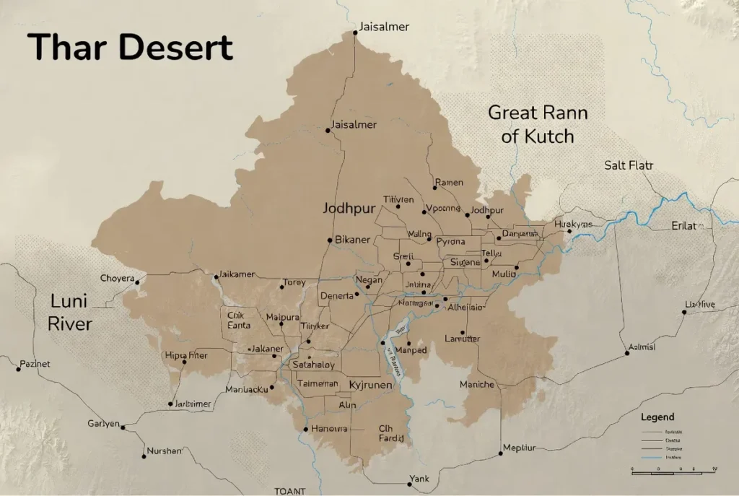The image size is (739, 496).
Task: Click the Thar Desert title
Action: [131, 48]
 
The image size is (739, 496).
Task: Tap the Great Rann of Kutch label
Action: [538, 124]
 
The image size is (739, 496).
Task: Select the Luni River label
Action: [70, 312]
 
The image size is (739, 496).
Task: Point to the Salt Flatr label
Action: [628, 165]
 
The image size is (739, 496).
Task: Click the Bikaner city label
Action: [353, 240]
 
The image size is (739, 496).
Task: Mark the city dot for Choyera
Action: [137, 282]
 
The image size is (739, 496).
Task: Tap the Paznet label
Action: [36, 364]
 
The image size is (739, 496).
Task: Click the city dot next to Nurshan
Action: [144, 456]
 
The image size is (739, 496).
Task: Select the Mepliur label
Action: [519, 447]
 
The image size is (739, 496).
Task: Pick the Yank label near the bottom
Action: [419, 478]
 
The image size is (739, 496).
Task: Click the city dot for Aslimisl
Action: [626, 354]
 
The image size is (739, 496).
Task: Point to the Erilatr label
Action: [687, 226]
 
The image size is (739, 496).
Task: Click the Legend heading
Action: [657, 417]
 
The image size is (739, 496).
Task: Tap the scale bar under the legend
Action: [673, 470]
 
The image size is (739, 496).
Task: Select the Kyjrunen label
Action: [370, 385]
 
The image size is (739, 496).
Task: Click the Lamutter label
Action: [462, 339]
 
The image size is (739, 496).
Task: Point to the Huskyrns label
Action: [573, 225]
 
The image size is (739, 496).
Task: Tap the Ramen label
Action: [448, 183]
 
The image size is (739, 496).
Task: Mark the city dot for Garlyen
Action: [123, 427]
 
